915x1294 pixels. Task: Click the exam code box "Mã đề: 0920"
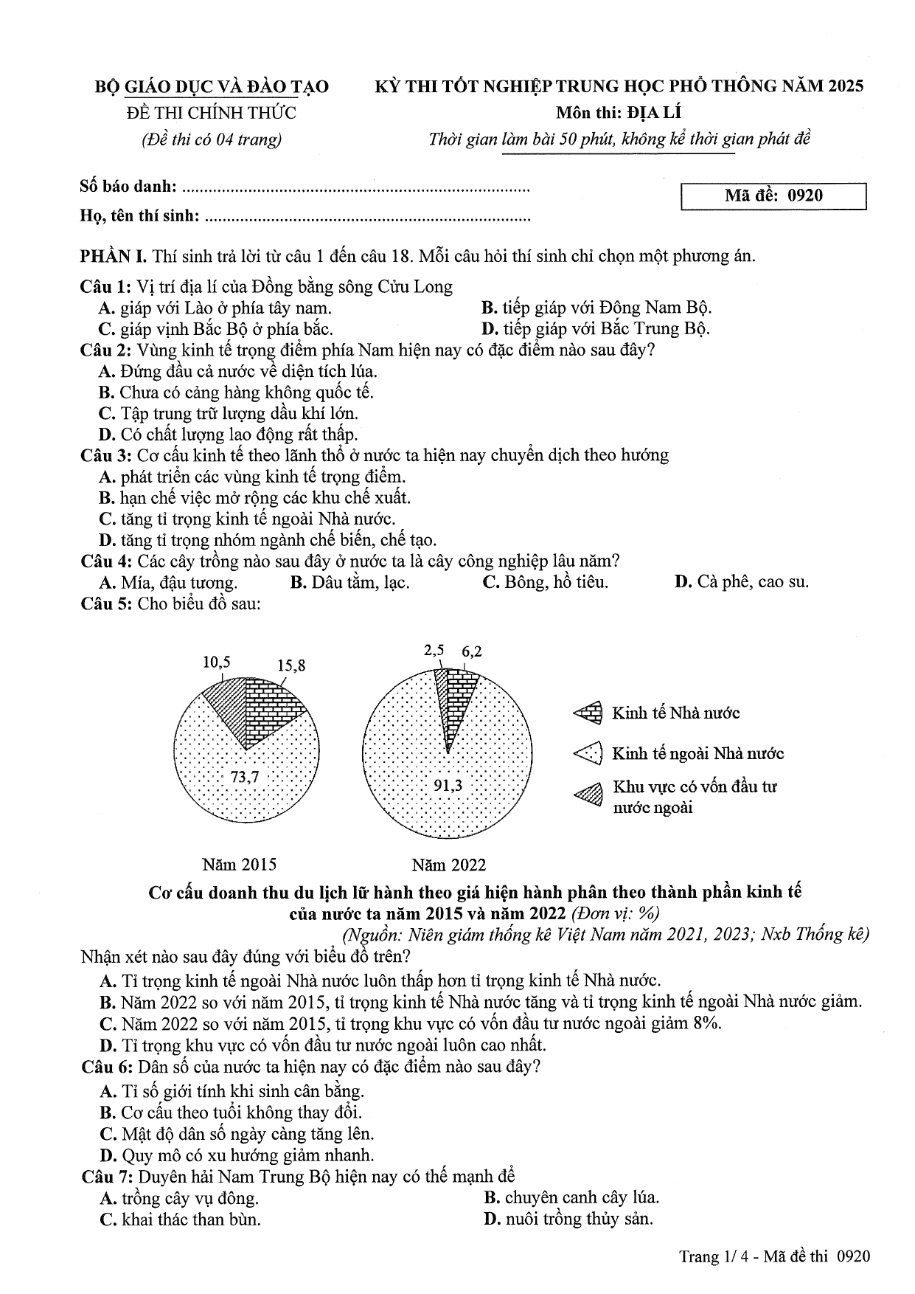point(773,196)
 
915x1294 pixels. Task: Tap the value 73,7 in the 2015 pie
point(245,776)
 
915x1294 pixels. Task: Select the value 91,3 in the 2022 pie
point(448,786)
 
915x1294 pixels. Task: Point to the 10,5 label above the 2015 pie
point(217,662)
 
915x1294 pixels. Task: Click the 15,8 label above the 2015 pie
point(291,665)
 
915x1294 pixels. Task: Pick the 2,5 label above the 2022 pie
point(434,651)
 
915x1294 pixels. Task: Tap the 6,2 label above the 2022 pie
point(472,651)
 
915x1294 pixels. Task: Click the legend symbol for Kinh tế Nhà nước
point(588,713)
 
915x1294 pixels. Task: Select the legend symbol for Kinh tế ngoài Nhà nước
point(588,753)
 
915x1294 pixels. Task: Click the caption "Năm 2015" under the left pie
point(240,864)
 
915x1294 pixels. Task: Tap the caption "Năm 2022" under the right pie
point(449,864)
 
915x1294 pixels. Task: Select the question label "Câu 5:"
point(106,603)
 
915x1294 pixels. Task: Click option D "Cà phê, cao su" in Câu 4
point(741,582)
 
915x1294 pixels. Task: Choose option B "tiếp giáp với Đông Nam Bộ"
point(596,308)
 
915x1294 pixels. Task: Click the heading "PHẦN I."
point(113,256)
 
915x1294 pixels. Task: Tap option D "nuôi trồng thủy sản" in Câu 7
point(568,1219)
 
